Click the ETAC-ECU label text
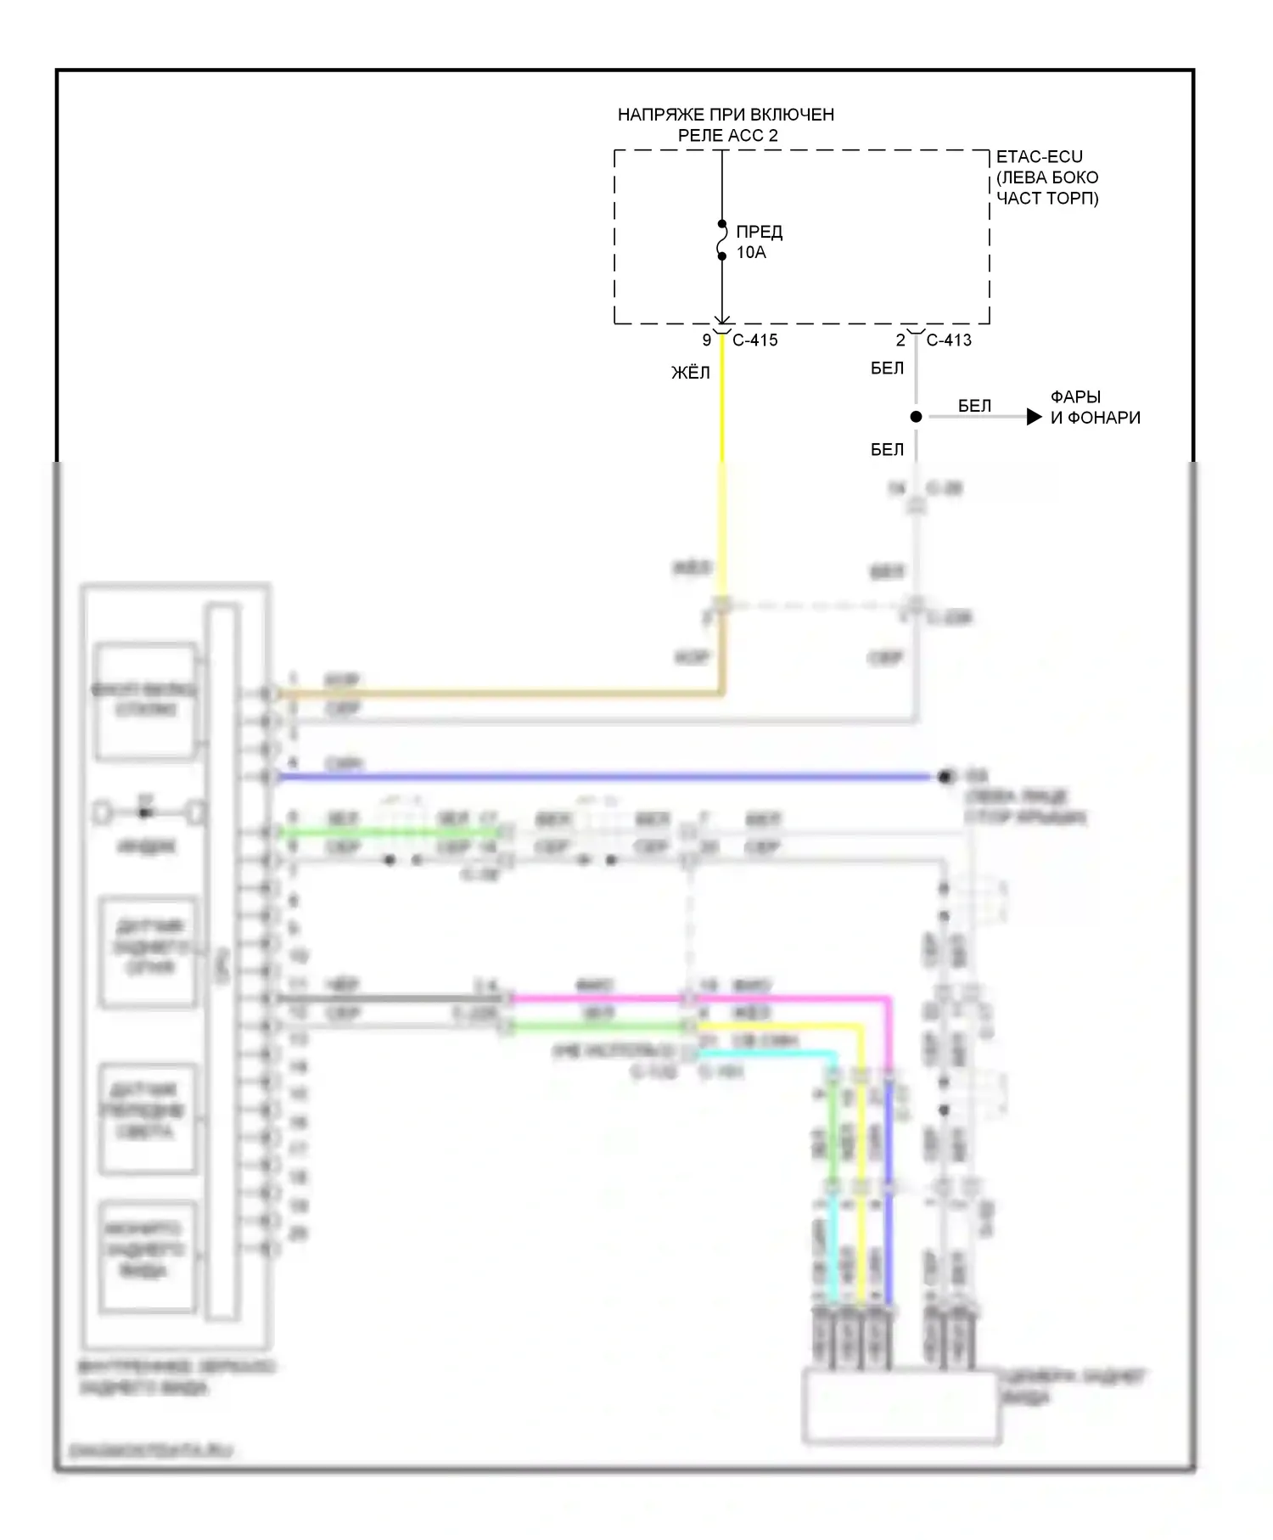[1039, 157]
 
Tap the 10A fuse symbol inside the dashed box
[722, 240]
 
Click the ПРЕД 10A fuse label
[759, 242]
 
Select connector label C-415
[754, 340]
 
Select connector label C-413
[949, 340]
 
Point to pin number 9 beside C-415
[706, 340]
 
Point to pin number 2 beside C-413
[900, 340]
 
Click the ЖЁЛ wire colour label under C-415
[691, 373]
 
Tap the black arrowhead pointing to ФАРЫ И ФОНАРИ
[1034, 417]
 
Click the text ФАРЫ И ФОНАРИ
[1095, 407]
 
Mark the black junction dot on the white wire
[916, 417]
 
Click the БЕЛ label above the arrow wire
[974, 406]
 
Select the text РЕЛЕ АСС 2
[727, 136]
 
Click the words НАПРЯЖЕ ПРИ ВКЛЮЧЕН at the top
[726, 115]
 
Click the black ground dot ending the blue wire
[945, 777]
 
